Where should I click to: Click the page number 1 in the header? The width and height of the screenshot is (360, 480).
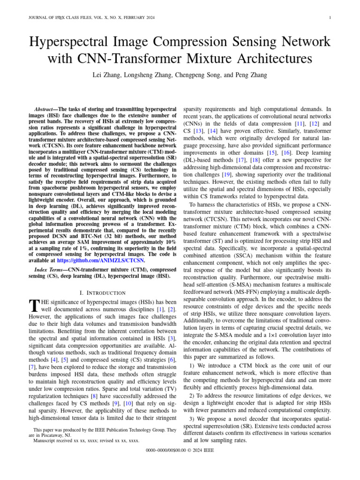pos(331,18)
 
